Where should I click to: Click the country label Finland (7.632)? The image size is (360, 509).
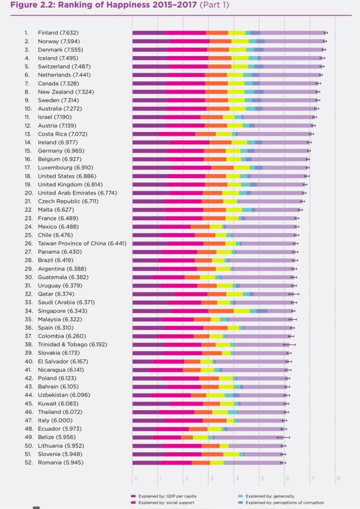tap(58, 33)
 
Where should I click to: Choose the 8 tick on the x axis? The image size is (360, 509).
tap(338, 479)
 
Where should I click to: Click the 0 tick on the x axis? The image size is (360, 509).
tap(136, 479)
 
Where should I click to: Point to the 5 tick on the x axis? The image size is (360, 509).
tap(262, 479)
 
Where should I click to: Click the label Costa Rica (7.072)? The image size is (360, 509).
tap(61, 133)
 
